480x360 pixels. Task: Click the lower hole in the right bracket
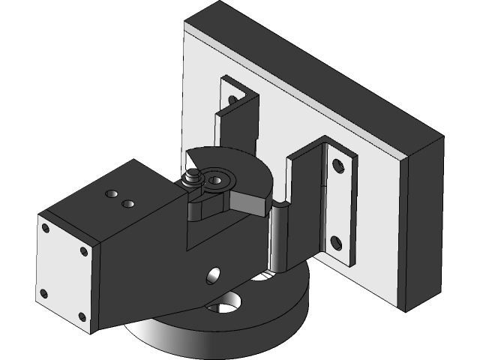pos(335,241)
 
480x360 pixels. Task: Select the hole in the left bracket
pos(232,99)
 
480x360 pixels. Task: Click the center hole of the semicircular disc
pos(217,180)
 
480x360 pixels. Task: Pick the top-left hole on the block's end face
pos(46,228)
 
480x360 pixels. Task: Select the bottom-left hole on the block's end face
pos(44,293)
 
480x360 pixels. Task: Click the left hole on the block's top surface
pos(112,194)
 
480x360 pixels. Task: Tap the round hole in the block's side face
pos(214,275)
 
